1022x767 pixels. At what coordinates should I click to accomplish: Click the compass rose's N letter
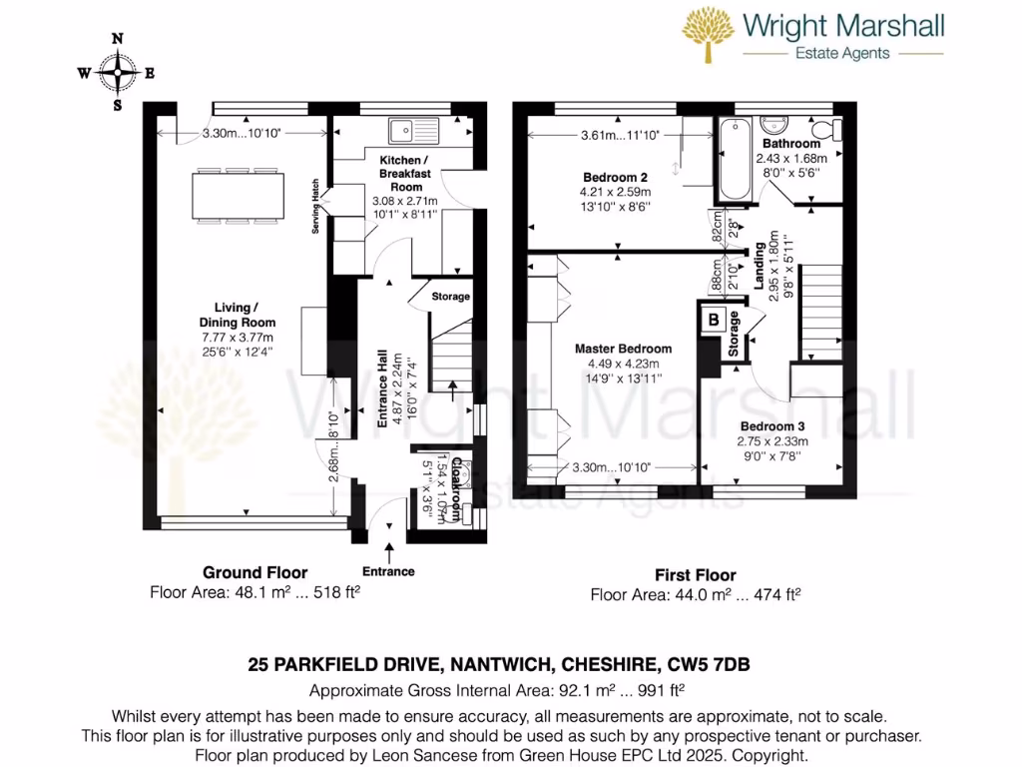click(118, 39)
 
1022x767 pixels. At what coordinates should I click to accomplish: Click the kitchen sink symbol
click(414, 128)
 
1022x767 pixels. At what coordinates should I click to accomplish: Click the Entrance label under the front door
click(388, 571)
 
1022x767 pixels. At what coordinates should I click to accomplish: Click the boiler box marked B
click(713, 321)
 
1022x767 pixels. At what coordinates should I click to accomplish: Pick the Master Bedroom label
click(623, 349)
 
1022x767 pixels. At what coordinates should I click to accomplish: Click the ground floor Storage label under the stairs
click(450, 297)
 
